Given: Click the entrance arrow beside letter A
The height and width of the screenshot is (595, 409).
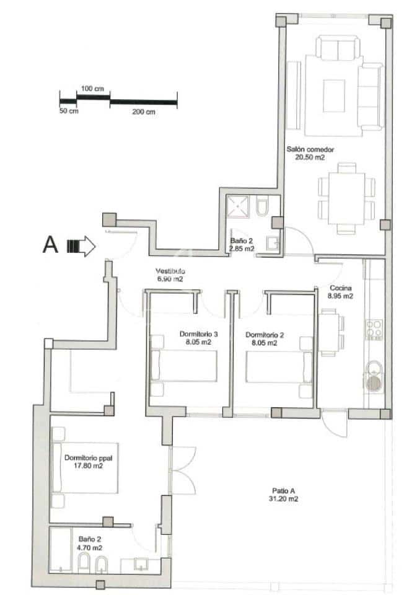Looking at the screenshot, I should (x=81, y=246).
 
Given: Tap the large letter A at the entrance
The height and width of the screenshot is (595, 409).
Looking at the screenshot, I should (x=50, y=245).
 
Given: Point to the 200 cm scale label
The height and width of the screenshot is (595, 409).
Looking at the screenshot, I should (x=143, y=112).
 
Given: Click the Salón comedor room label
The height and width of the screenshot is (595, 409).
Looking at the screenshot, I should (x=310, y=149).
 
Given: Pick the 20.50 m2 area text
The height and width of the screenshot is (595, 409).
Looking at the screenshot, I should (x=310, y=157).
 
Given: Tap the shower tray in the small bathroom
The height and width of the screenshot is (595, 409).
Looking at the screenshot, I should (x=239, y=206).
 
